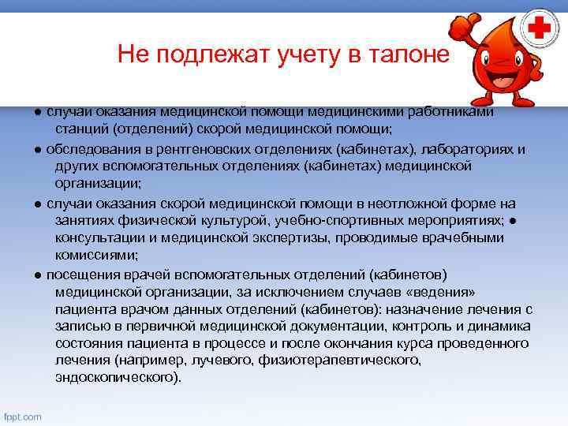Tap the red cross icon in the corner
click(x=540, y=31)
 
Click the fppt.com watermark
click(x=23, y=417)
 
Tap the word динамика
click(x=496, y=326)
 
